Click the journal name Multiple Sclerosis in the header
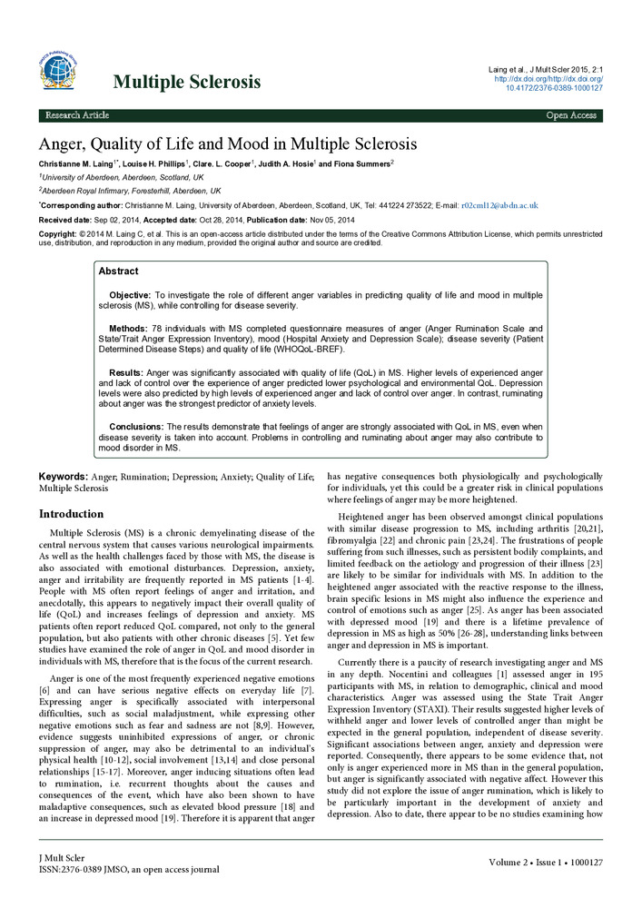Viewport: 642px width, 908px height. [x=187, y=83]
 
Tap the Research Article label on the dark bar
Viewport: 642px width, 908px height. [x=78, y=116]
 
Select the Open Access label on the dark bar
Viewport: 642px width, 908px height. [x=571, y=116]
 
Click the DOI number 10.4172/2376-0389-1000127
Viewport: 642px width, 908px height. [x=558, y=88]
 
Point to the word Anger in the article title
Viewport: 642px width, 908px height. [x=64, y=144]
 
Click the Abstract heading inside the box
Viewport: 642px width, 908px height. [x=118, y=271]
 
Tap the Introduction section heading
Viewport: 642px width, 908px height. [x=77, y=514]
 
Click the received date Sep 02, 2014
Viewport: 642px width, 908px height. [x=115, y=220]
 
